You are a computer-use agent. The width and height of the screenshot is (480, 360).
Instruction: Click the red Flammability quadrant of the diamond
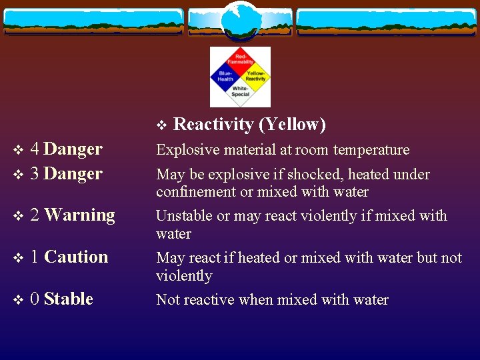click(x=240, y=61)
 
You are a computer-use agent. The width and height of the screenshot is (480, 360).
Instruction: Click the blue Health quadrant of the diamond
click(x=225, y=77)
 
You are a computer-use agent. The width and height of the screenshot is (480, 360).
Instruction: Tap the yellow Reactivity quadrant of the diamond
click(x=255, y=77)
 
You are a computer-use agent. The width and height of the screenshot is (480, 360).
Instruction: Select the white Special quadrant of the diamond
click(x=240, y=92)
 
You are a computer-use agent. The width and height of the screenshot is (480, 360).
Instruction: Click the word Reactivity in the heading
click(x=213, y=125)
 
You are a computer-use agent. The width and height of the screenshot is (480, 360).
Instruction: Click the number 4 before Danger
click(x=35, y=149)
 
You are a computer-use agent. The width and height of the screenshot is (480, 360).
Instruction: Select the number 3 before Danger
click(x=35, y=173)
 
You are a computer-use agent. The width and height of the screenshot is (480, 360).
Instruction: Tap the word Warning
click(x=79, y=215)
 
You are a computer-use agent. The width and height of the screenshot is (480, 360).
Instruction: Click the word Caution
click(x=76, y=257)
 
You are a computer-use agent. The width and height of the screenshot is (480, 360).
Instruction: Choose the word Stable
click(x=68, y=299)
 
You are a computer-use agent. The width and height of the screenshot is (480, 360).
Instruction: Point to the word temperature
click(x=374, y=150)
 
